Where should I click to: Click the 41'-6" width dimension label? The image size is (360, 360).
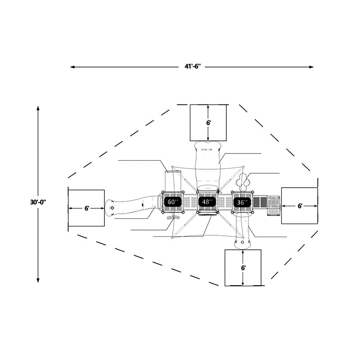(x=193, y=67)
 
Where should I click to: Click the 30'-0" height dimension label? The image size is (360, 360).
(x=38, y=202)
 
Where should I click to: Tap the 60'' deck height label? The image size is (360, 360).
(x=173, y=202)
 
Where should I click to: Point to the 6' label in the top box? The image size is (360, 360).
(x=208, y=123)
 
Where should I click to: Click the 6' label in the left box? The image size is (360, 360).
(x=86, y=208)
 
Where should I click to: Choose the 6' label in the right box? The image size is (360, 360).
(x=300, y=206)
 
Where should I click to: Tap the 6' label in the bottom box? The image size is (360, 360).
(x=243, y=268)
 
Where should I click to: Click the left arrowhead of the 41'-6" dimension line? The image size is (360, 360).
(x=72, y=67)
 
